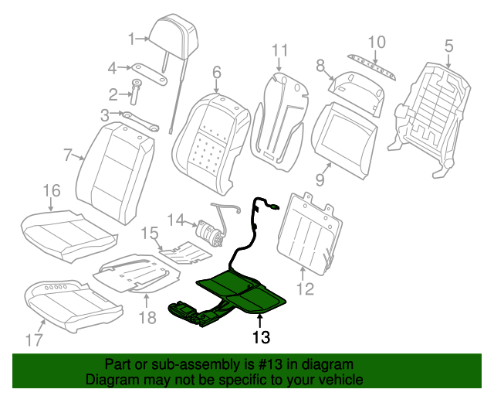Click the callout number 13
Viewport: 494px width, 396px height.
[x=262, y=337]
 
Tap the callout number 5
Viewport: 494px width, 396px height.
[x=449, y=46]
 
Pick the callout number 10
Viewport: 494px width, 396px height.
[x=376, y=42]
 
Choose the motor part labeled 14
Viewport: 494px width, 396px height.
[x=206, y=230]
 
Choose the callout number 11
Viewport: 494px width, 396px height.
[x=279, y=51]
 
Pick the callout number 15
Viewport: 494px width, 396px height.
[x=149, y=233]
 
